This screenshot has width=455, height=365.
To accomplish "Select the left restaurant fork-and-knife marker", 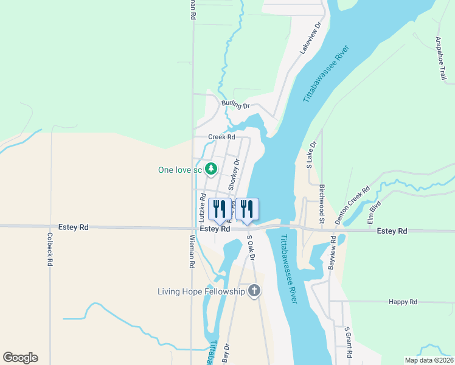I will click(219, 209).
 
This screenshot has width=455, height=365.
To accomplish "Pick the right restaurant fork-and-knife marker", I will click(248, 209).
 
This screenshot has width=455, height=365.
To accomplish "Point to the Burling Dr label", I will click(235, 105).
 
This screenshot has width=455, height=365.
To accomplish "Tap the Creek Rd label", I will click(221, 137).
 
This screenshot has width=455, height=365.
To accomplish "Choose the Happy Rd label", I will click(404, 302).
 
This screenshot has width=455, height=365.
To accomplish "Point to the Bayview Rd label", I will click(332, 255).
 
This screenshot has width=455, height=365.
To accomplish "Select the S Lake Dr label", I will click(311, 155).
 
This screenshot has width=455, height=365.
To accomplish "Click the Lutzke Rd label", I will click(202, 207).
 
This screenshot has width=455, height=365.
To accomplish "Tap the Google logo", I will click(20, 358).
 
